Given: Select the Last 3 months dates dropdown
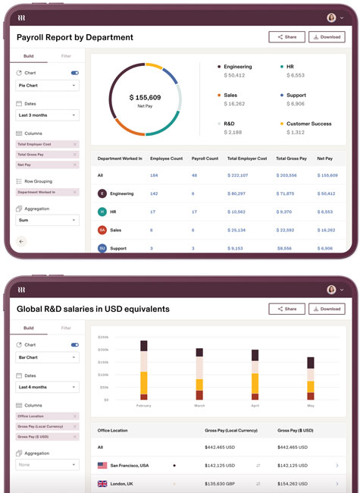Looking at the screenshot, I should click(x=47, y=115).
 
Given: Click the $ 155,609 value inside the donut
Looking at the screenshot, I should click(x=145, y=98).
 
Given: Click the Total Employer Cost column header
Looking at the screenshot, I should click(x=247, y=159).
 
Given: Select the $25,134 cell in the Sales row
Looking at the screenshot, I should click(x=243, y=230).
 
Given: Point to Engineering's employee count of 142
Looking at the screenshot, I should click(x=154, y=193).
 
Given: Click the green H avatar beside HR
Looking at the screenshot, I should click(x=102, y=212).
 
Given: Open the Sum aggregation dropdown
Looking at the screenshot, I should click(x=47, y=220).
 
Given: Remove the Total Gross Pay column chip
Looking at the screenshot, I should click(x=74, y=155).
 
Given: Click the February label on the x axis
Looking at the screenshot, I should click(x=144, y=406).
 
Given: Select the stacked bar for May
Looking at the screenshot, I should click(x=310, y=378).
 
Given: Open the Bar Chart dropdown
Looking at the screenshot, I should click(x=47, y=358).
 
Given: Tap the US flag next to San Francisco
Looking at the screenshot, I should click(x=102, y=465).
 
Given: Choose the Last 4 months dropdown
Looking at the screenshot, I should click(x=47, y=387).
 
